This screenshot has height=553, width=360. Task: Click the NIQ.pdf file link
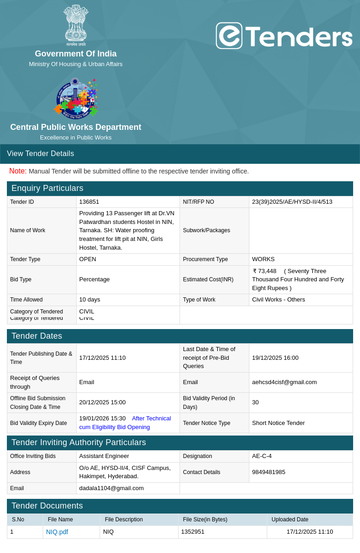coord(57,532)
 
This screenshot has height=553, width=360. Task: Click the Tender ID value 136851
coord(89,202)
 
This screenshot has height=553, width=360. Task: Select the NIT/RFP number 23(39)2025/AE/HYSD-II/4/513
coord(292,202)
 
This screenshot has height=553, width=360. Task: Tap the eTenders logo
coord(284,36)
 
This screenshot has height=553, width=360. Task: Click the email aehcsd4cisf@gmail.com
coord(284,382)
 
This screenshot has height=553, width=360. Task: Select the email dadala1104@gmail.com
coord(111,488)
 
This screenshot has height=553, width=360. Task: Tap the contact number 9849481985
coord(269,472)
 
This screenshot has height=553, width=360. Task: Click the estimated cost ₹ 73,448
coord(265,271)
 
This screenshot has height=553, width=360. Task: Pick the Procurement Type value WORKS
coord(263,259)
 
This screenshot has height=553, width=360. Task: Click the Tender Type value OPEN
coord(88,259)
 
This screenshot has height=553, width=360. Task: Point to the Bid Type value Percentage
coord(95,279)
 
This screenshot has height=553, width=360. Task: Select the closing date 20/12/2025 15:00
coord(102,402)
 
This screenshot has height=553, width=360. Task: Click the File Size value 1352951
coord(193,532)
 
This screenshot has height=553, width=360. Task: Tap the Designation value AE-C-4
coord(262,456)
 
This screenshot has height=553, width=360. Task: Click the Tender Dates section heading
coord(37,336)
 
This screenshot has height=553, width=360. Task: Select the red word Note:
coord(18,171)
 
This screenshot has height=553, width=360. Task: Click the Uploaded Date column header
coord(290,519)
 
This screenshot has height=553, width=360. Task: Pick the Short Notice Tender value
coord(278,423)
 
